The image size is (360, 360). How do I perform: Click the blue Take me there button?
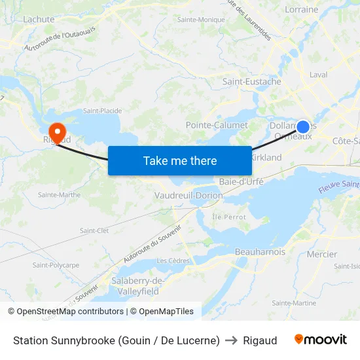(180, 160)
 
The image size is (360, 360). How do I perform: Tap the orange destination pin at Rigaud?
(57, 132)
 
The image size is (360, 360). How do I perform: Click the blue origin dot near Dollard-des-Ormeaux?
(303, 127)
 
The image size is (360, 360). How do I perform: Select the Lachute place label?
(39, 20)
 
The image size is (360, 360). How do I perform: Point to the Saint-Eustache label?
(252, 82)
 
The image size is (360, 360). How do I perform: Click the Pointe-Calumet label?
(217, 125)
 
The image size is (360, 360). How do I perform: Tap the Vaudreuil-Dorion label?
(189, 196)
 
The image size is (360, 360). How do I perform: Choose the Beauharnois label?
(261, 251)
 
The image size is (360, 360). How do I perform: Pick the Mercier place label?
(322, 254)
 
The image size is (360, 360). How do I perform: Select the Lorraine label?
(302, 10)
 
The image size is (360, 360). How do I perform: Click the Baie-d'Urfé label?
(242, 181)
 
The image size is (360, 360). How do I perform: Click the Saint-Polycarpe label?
(56, 265)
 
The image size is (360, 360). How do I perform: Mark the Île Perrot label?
(229, 217)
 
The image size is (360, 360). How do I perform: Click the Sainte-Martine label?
(294, 302)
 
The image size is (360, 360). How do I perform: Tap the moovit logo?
(321, 340)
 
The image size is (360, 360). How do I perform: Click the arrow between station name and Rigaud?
(231, 340)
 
